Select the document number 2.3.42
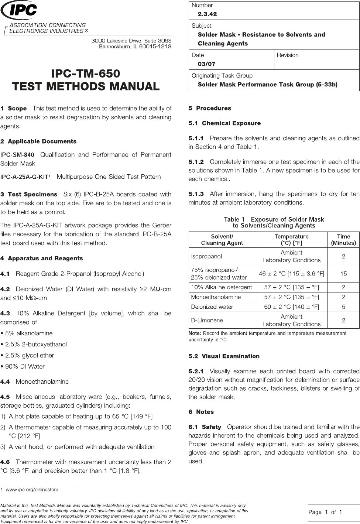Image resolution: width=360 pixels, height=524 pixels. (207, 14)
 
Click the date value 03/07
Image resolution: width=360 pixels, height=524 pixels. (206, 64)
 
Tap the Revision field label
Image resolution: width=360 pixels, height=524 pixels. (288, 55)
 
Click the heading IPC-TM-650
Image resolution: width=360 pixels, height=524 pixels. (86, 73)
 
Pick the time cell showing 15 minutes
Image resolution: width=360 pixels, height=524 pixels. (343, 274)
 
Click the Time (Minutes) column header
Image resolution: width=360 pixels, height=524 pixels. (343, 240)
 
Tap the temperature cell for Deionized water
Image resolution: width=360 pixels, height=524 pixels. (291, 307)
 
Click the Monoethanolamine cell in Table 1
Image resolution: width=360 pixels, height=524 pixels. (216, 297)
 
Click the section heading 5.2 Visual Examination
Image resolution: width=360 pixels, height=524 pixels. (224, 356)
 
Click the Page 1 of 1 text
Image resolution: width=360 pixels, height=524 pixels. (325, 512)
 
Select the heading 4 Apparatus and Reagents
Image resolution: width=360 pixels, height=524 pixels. (41, 258)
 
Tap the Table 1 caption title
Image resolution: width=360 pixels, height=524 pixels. (274, 222)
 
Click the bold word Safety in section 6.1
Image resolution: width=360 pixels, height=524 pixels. (212, 427)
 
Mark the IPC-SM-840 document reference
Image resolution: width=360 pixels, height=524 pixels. (17, 155)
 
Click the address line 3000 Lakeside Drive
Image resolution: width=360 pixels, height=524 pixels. (131, 41)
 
